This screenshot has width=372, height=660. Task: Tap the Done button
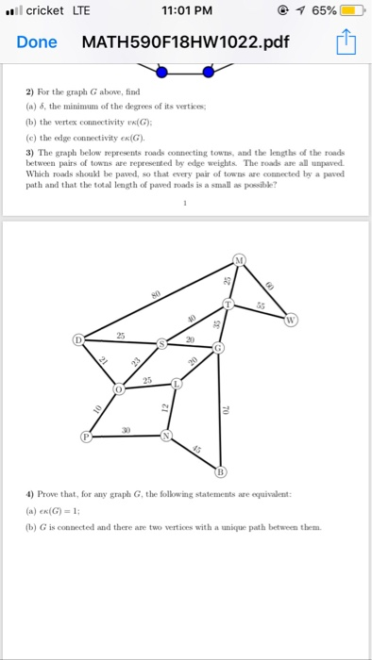[x=37, y=42]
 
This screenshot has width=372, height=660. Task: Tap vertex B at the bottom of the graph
[x=222, y=470]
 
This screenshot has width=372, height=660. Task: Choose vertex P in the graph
[x=87, y=437]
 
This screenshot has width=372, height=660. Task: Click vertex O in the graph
[x=119, y=388]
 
